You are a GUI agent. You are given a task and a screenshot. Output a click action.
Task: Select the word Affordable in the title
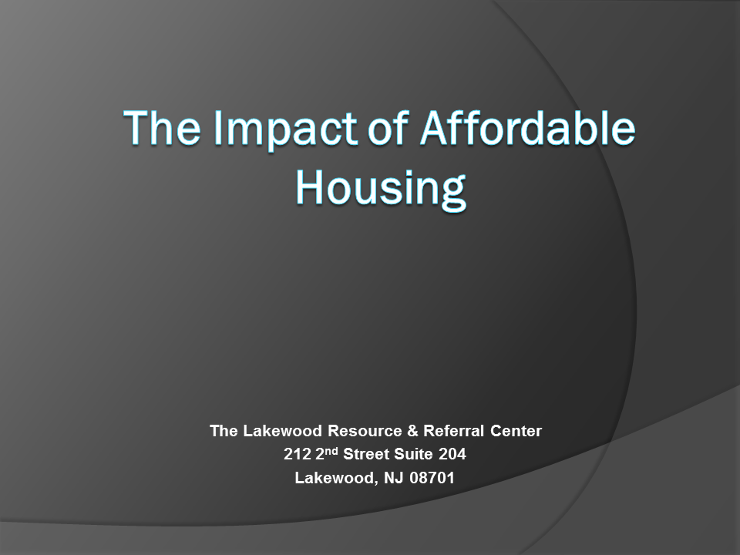point(528,126)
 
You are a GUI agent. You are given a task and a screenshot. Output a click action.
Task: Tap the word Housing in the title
point(381,189)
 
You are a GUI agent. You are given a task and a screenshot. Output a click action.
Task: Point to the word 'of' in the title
point(388,126)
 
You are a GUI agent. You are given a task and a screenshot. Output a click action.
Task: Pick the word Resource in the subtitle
point(365,431)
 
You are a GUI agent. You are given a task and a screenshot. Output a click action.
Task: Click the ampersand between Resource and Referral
point(412,431)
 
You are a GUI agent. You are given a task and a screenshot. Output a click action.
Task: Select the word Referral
point(453,431)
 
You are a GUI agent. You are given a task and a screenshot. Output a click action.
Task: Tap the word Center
point(516,431)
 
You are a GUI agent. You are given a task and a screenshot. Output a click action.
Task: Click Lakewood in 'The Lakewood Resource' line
point(282,431)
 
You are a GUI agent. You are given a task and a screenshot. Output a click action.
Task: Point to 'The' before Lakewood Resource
point(224,431)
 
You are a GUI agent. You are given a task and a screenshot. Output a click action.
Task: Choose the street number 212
point(298,454)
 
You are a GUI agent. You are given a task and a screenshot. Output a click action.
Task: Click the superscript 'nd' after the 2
point(332,451)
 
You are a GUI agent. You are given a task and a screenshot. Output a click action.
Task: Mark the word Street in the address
point(366,454)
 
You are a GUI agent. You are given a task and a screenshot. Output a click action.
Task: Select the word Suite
point(413,454)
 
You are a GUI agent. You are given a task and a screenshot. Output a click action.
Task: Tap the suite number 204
point(452,454)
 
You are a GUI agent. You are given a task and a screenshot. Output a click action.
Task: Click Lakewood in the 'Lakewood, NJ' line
point(335,478)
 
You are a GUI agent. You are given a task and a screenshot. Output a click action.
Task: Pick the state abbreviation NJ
point(394,478)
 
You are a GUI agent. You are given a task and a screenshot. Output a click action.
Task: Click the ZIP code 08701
point(432,478)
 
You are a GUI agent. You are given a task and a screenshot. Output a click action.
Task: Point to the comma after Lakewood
point(377,483)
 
